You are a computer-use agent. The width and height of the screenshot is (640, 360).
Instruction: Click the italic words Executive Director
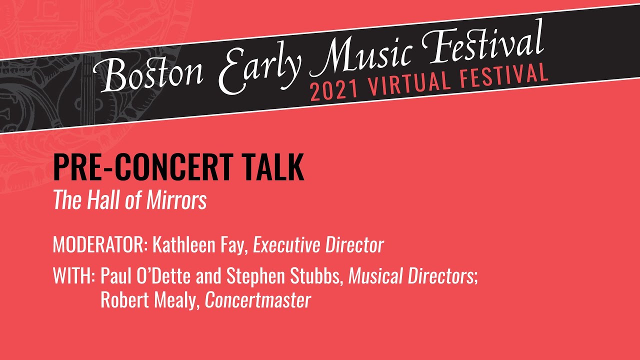click(318, 245)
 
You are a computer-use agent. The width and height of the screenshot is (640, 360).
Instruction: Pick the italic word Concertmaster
click(258, 300)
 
